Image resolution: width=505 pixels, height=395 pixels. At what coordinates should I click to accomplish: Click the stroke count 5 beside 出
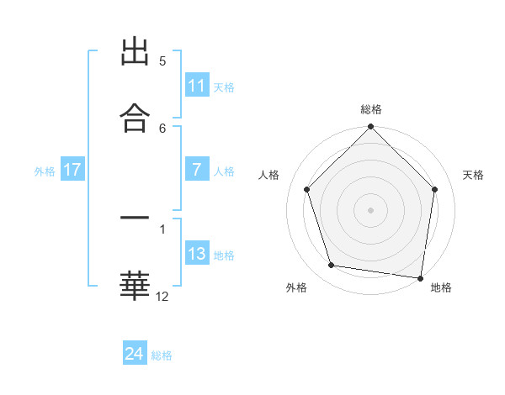[x=162, y=61]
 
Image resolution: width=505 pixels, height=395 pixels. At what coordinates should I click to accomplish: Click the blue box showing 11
[x=196, y=86]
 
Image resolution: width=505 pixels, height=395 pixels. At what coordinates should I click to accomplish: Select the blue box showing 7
[x=196, y=170]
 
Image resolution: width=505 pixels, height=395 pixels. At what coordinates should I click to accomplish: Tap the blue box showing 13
[x=196, y=254]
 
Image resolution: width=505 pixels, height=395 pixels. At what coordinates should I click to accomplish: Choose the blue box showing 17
[x=72, y=170]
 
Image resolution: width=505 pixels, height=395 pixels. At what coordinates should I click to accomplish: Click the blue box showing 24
[x=135, y=355]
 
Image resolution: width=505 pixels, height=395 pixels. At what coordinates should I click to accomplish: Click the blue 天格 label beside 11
[x=224, y=87]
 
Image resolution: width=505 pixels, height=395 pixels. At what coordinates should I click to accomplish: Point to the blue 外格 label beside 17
[x=45, y=171]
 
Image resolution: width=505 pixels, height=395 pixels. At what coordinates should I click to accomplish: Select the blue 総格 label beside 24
[x=162, y=355]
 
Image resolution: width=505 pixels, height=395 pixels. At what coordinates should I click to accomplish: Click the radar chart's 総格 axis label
[x=371, y=109]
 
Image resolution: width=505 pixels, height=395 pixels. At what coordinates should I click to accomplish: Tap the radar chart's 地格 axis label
[x=441, y=287]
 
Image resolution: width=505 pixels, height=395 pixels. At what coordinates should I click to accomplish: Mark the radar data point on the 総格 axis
[x=371, y=128]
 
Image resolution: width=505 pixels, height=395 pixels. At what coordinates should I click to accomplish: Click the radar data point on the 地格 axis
[x=421, y=277]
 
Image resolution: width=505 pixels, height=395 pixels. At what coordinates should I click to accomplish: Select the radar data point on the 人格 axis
[x=307, y=189]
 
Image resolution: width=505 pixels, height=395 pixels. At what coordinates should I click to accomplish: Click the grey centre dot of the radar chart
[x=371, y=209]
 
